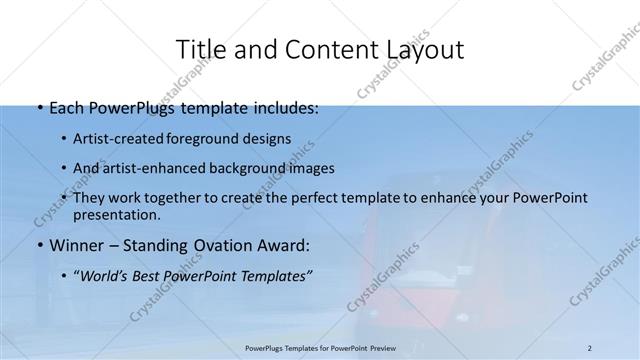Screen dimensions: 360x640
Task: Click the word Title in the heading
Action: tap(200, 49)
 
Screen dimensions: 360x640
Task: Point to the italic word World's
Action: tap(109, 275)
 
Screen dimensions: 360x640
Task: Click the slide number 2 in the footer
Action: tap(589, 348)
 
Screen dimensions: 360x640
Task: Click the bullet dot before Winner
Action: tap(39, 245)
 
